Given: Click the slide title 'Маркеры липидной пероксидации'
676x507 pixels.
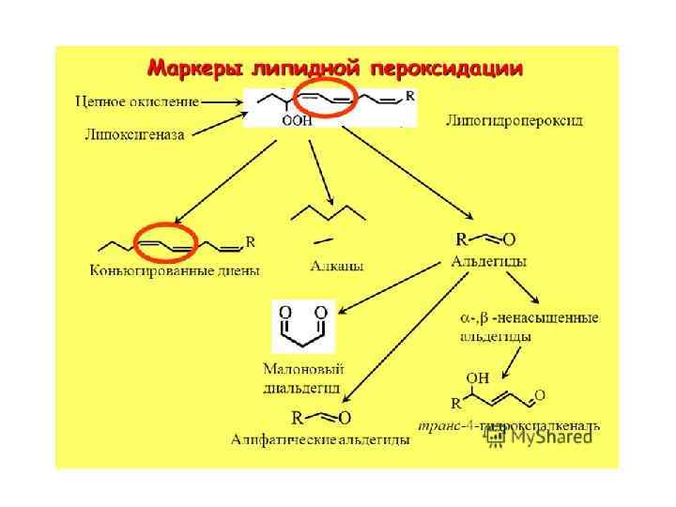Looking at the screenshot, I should pos(335,69).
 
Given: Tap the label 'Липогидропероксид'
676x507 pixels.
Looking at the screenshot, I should pos(514,120).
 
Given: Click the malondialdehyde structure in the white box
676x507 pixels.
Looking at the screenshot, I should pos(303,326).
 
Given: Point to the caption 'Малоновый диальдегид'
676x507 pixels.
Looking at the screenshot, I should pos(303,378).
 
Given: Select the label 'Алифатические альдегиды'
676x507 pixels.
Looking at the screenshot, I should pos(320,438).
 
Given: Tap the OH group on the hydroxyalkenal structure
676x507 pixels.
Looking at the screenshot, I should pos(477,378).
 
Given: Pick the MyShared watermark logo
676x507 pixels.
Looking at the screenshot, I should pos(541,437).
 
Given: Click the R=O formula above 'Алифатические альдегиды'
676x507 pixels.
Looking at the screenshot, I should pos(321,417).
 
